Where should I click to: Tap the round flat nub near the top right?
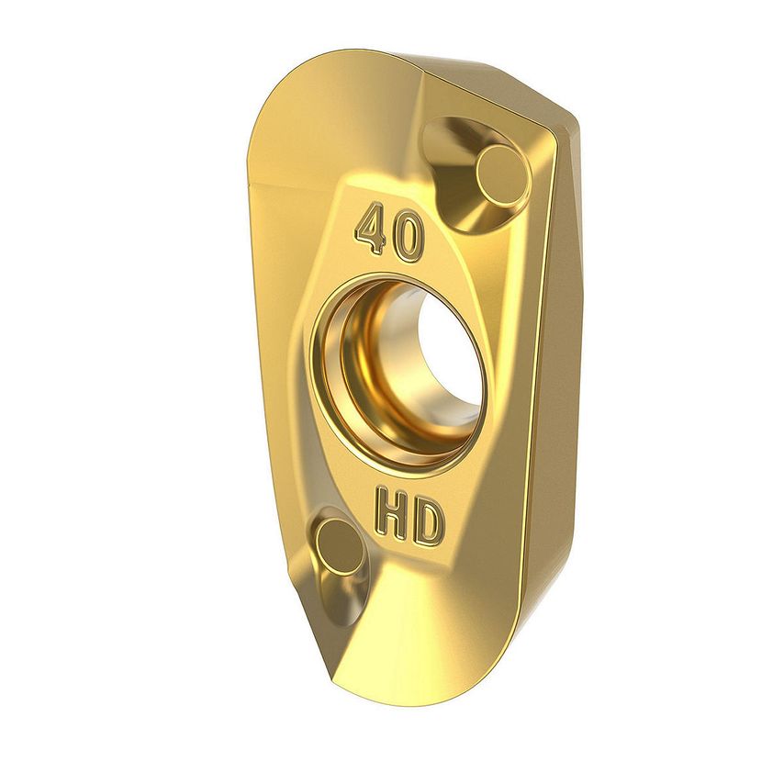tap(501, 175)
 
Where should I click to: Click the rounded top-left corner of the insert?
tap(275, 101)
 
